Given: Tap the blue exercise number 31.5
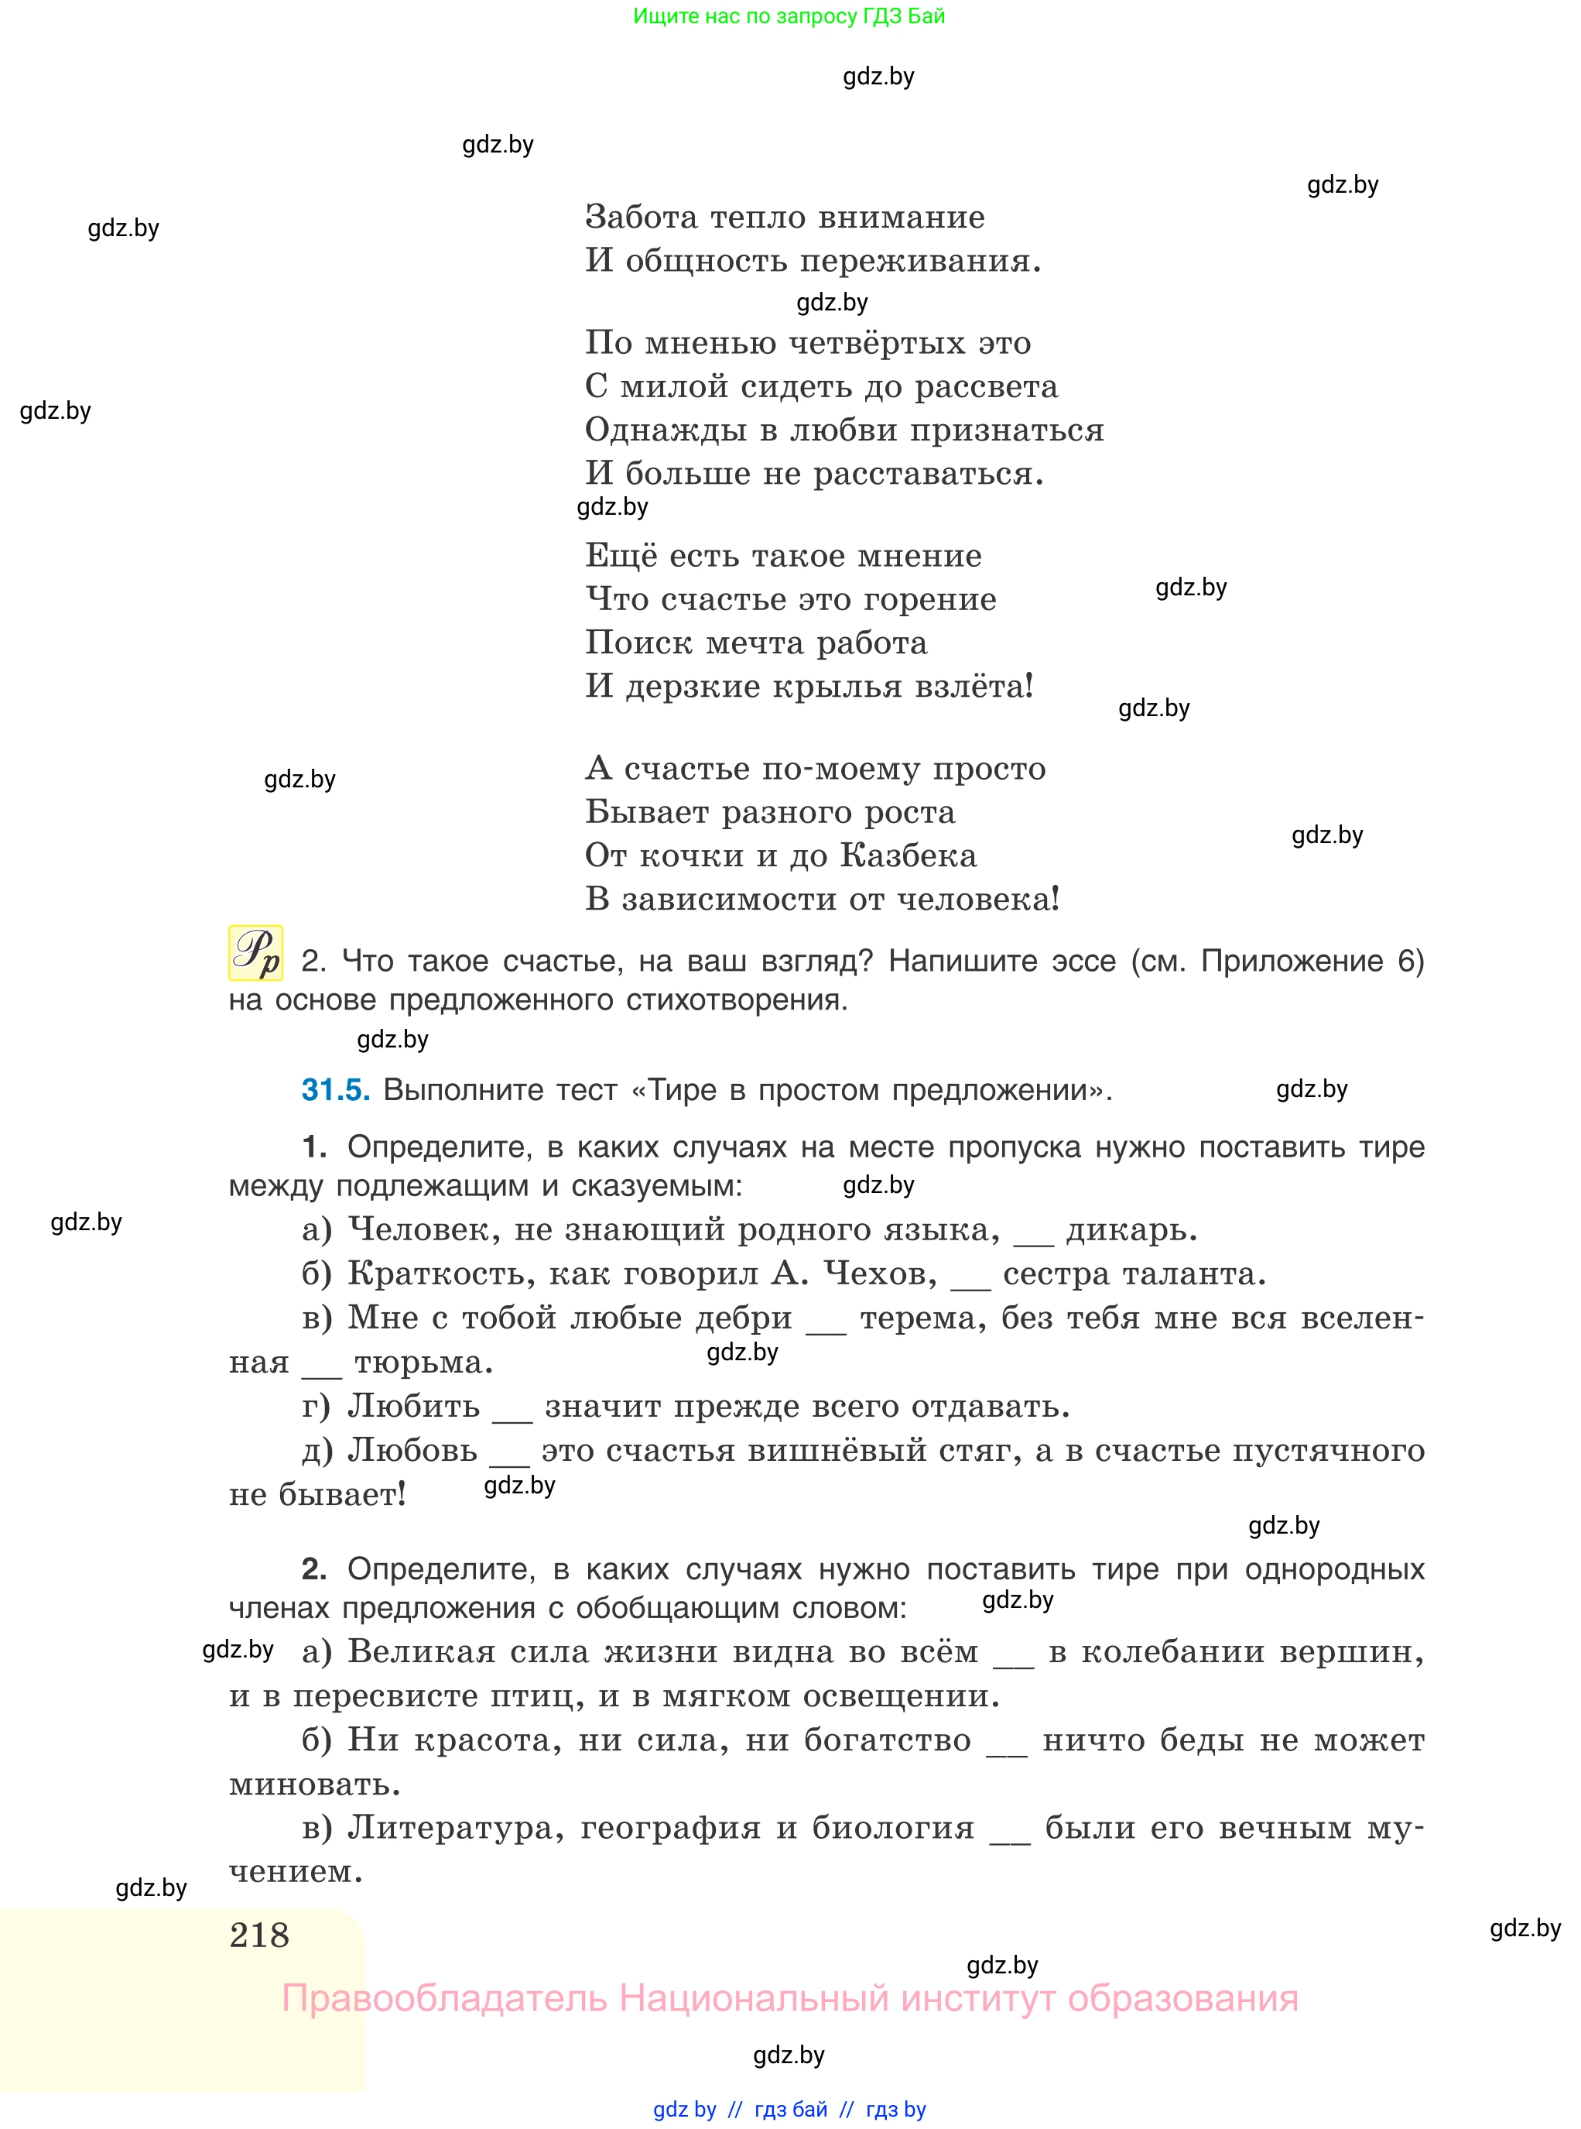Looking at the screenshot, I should pyautogui.click(x=335, y=1089).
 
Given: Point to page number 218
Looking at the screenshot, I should pyautogui.click(x=259, y=1935).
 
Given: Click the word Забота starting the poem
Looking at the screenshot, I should pyautogui.click(x=642, y=218).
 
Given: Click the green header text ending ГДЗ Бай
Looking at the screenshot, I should pyautogui.click(x=789, y=16).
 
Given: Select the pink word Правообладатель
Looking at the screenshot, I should pyautogui.click(x=444, y=1998).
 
